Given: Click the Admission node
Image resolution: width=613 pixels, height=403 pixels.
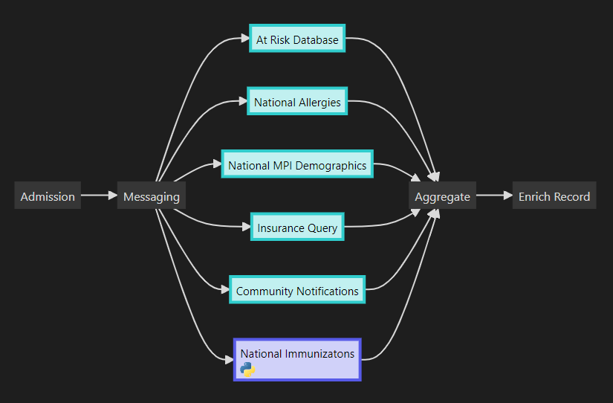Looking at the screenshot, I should pos(48,196).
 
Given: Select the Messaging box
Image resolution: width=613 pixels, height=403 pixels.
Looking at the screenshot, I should pos(152,196).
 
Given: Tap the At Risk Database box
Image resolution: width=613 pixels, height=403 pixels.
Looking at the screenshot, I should pos(297,40).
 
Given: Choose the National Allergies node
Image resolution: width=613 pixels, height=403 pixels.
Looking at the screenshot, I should pos(297,102).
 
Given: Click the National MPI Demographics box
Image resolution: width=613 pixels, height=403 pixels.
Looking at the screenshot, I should pos(297,165).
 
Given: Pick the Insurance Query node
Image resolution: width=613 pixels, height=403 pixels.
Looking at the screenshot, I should pos(297,228).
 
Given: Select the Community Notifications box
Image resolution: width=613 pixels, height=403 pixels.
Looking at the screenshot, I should pos(297,291).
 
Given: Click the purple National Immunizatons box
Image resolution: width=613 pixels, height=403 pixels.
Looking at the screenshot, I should pos(297,360).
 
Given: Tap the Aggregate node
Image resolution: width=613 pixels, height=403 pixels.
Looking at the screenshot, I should pos(442,196).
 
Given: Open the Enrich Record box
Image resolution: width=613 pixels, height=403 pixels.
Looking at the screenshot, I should pos(554,196).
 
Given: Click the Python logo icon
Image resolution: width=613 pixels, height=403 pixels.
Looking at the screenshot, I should pos(248,370).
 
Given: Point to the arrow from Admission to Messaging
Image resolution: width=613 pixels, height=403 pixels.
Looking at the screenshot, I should pos(99,196).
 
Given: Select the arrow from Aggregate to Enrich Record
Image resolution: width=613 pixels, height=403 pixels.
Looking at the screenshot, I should pos(494,196).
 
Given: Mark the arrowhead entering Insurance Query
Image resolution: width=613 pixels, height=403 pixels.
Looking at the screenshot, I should pos(247,228).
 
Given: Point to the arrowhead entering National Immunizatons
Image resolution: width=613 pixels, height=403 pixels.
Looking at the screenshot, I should pos(229,360).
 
